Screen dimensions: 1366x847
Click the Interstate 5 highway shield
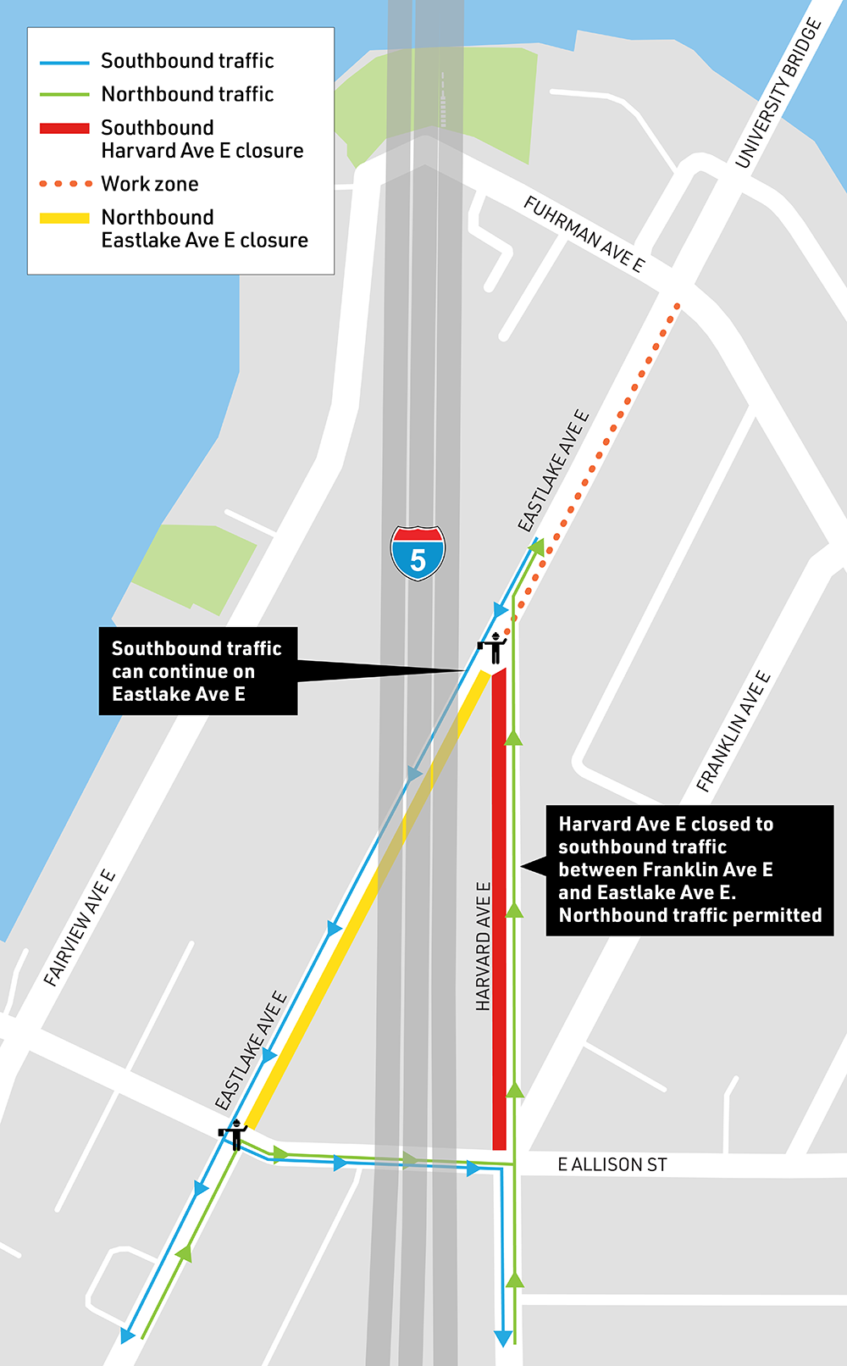418,553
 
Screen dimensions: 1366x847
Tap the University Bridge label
778,93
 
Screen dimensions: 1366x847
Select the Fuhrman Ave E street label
584,233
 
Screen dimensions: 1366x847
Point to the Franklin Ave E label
734,730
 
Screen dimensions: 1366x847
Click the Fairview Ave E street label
80,927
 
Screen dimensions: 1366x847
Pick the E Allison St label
612,1164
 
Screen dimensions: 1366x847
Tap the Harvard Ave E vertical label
483,946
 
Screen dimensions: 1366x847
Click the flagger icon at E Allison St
233,1134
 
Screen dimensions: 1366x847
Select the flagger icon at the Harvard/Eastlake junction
492,647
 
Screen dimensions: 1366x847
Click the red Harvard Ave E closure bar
500,907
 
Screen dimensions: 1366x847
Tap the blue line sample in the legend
64,62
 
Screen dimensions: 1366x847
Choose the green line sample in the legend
64,95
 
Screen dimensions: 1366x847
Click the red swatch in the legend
64,128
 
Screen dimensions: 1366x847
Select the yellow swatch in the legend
64,218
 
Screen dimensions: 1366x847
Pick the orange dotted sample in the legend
64,183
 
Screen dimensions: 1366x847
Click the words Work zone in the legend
150,184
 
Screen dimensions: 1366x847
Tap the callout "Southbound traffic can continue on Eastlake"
198,671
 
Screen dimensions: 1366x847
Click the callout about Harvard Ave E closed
689,869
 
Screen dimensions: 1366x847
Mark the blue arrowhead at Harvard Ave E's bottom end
503,1338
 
